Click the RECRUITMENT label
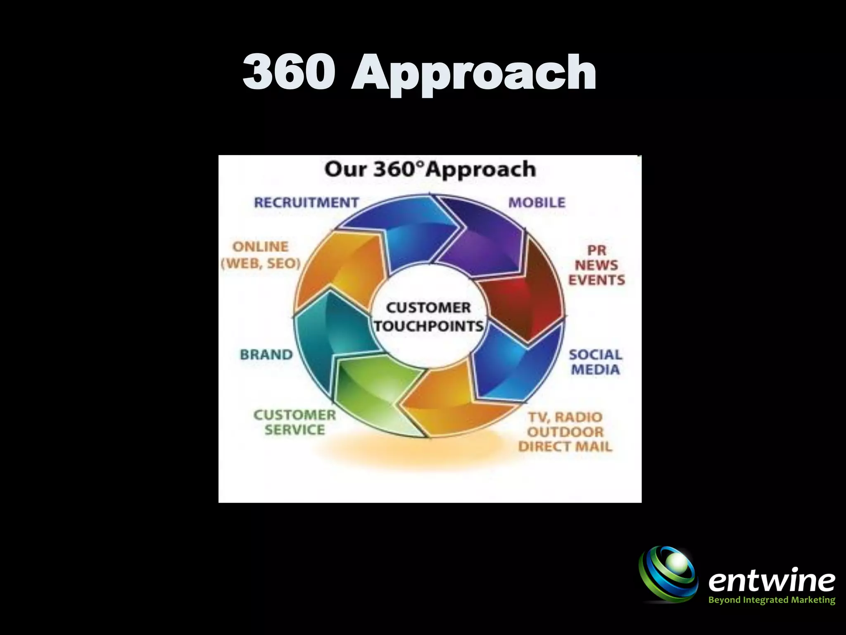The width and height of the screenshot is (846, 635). (306, 203)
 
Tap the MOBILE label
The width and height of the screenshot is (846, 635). (537, 203)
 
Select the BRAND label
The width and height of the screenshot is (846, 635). (266, 355)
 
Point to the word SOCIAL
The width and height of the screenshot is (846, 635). (595, 355)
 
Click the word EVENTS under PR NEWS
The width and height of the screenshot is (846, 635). (596, 280)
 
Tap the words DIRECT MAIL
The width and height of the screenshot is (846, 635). (565, 447)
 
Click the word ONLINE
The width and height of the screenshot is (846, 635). (260, 247)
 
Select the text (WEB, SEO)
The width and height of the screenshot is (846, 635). (261, 264)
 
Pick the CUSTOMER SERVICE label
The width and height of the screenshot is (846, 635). (295, 423)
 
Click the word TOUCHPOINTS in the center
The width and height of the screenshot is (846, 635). (429, 327)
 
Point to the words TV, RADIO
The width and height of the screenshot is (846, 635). (565, 418)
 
